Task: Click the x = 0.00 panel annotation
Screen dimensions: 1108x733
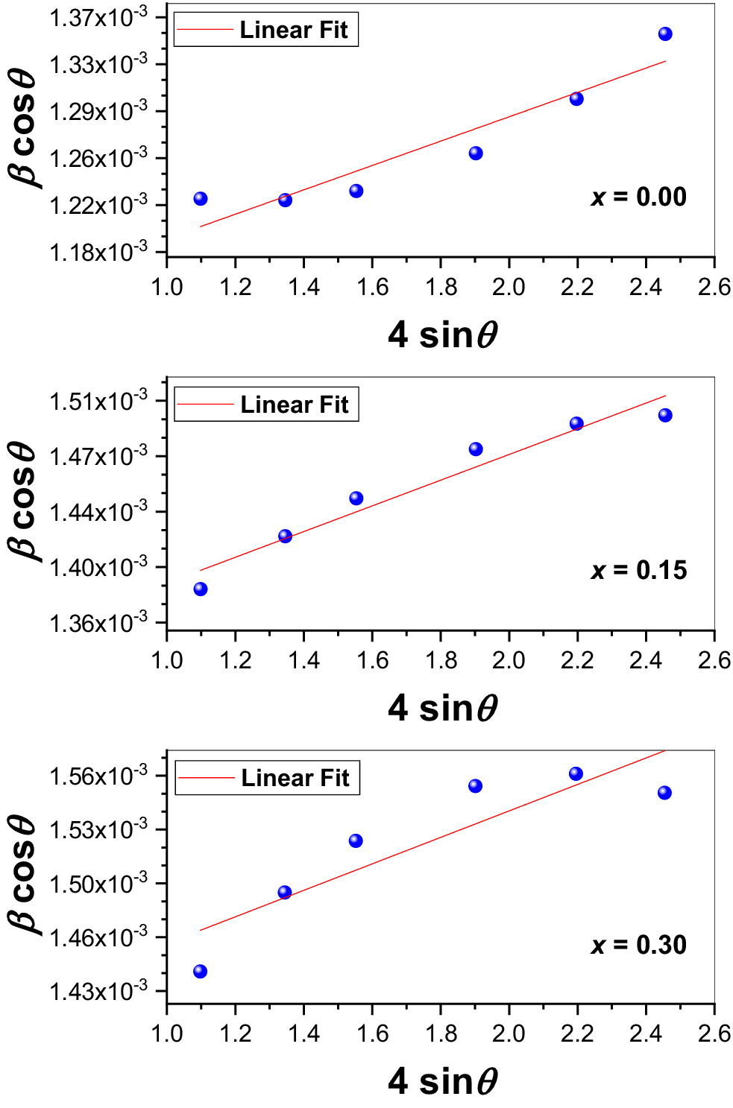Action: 638,197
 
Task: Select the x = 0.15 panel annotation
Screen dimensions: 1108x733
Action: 638,570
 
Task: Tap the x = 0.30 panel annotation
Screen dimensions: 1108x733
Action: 638,944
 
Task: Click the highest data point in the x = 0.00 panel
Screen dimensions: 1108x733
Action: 665,34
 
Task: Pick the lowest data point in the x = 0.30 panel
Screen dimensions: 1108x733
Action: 200,971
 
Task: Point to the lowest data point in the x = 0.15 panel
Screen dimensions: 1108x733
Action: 200,589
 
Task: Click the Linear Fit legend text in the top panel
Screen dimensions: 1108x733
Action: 293,30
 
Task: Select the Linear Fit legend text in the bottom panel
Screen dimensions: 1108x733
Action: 295,778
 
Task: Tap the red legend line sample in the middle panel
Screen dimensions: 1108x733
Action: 205,405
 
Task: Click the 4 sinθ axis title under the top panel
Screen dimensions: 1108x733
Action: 442,335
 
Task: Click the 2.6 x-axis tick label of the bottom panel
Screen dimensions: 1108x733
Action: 714,1033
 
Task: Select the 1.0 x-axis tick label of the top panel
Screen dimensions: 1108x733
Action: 167,287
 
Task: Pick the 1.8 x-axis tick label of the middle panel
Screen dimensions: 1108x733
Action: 441,660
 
